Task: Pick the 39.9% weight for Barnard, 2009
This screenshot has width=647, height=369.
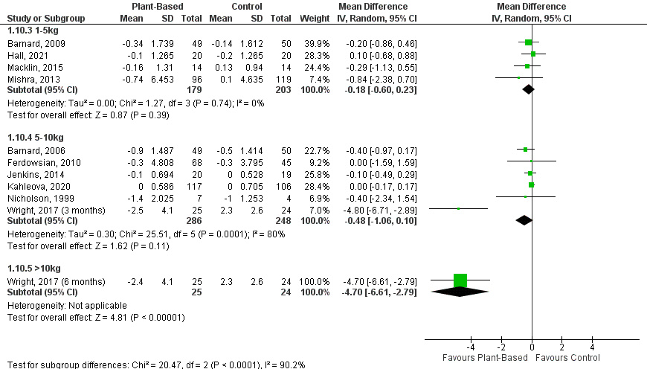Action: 312,42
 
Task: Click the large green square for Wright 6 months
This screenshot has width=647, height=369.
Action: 460,280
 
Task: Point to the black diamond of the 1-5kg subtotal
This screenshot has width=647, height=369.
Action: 529,90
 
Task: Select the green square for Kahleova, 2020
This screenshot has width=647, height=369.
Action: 532,184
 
